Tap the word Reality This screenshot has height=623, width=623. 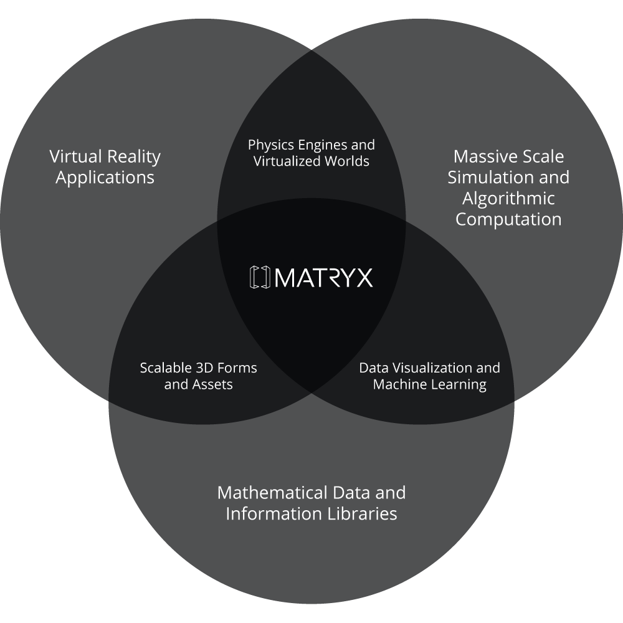pyautogui.click(x=133, y=156)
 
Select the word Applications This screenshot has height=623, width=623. pyautogui.click(x=105, y=178)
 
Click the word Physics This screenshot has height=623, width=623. pyautogui.click(x=270, y=145)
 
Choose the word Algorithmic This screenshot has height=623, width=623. pyautogui.click(x=508, y=199)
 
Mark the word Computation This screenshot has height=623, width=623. pyautogui.click(x=508, y=220)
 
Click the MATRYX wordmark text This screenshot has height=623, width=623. pyautogui.click(x=323, y=277)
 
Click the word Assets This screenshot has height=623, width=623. pyautogui.click(x=212, y=384)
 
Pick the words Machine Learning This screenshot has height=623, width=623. pyautogui.click(x=430, y=384)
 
